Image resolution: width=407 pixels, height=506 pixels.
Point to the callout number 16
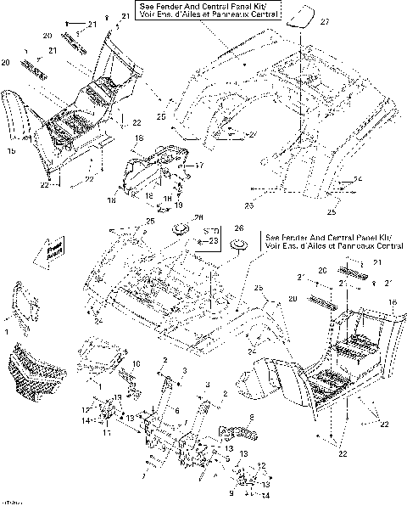pos(393,301)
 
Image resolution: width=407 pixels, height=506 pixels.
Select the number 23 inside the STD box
pos(213,240)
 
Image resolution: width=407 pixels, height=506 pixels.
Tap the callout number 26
pos(238,228)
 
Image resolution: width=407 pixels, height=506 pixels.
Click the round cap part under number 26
pos(239,245)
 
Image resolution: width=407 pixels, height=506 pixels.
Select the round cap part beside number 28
pos(179,229)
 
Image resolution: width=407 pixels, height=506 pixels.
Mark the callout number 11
pos(107,431)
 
